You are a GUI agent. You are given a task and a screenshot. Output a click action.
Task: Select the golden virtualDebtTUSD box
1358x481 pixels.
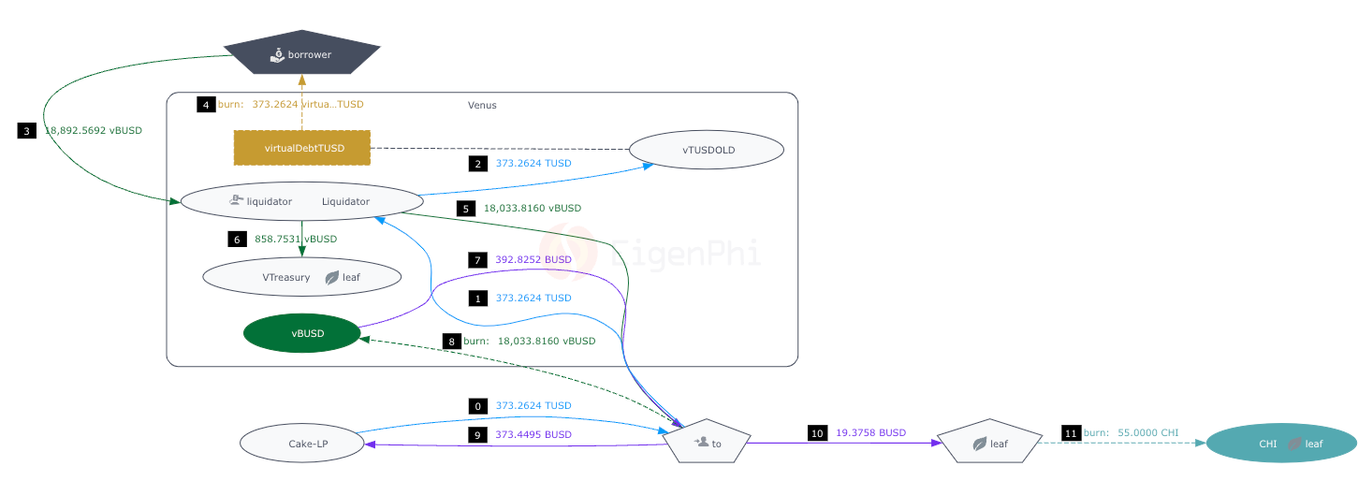301,148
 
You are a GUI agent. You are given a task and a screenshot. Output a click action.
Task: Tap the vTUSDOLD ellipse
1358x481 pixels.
706,150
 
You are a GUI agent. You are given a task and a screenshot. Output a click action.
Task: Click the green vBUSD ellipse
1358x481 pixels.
301,333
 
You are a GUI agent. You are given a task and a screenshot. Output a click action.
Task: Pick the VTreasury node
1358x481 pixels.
301,277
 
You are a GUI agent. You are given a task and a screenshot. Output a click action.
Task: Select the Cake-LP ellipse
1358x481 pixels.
301,444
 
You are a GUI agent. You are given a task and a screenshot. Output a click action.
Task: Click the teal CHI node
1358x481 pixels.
1280,444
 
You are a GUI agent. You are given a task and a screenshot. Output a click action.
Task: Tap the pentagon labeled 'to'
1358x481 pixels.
707,442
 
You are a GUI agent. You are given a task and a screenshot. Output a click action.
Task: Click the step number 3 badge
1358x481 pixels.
26,131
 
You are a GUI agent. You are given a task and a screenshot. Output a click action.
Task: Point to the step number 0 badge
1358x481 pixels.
478,406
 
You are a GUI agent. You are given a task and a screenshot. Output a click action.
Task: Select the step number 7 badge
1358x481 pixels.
478,259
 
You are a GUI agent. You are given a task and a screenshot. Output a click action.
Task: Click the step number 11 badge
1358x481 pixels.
1071,432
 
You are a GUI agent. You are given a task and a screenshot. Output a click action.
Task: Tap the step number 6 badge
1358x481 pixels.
237,239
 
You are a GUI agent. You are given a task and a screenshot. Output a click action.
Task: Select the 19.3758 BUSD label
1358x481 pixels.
870,432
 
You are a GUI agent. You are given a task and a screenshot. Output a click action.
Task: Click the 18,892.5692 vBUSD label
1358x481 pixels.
94,131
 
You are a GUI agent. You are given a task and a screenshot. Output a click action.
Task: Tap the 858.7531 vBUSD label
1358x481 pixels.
296,239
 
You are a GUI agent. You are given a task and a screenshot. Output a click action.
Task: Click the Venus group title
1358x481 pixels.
482,105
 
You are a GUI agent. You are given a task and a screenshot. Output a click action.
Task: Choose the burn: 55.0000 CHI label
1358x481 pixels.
1131,432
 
